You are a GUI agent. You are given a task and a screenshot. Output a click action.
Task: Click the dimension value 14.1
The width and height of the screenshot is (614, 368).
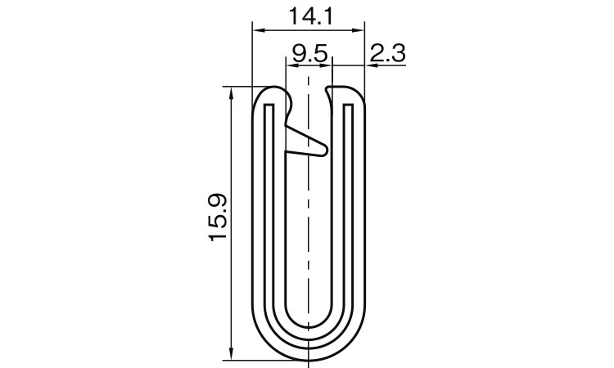(x=310, y=16)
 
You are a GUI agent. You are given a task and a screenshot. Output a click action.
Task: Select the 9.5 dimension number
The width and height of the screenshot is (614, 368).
(x=309, y=53)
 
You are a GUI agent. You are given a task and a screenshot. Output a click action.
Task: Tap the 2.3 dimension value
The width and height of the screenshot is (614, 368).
(x=387, y=53)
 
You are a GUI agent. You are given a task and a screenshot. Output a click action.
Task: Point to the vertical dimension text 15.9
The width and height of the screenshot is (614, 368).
(x=218, y=218)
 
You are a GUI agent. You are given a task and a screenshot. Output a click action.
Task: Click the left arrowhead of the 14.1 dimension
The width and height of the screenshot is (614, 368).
(x=259, y=30)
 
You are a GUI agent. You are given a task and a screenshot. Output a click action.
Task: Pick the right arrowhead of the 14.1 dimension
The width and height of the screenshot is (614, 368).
(x=358, y=30)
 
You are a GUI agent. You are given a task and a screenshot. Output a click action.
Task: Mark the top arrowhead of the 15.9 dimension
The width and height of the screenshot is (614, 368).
(x=232, y=93)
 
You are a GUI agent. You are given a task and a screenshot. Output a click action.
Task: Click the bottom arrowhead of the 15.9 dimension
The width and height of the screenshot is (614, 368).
(x=232, y=352)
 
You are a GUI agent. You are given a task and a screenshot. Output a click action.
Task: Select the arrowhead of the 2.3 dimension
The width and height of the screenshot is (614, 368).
(x=372, y=65)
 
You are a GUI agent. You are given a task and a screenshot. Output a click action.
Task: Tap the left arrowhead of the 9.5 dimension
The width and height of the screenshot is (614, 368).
(x=292, y=65)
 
